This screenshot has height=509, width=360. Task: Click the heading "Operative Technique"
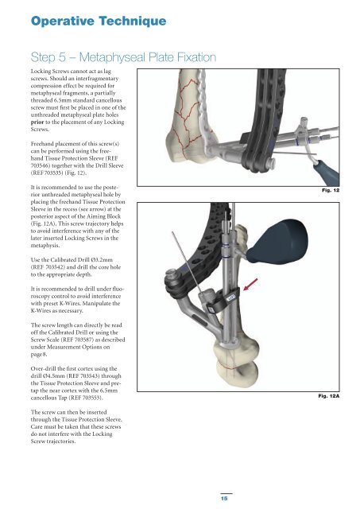pyautogui.click(x=99, y=21)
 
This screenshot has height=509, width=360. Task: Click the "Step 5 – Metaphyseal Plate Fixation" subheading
pyautogui.click(x=123, y=57)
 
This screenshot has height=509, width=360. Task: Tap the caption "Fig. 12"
pyautogui.click(x=331, y=190)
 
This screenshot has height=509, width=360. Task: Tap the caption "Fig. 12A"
pyautogui.click(x=328, y=396)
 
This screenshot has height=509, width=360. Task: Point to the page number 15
pyautogui.click(x=224, y=499)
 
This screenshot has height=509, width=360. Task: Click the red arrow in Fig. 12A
pyautogui.click(x=250, y=285)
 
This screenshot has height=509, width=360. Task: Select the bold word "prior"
pyautogui.click(x=37, y=122)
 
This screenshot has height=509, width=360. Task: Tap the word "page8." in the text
pyautogui.click(x=39, y=354)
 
